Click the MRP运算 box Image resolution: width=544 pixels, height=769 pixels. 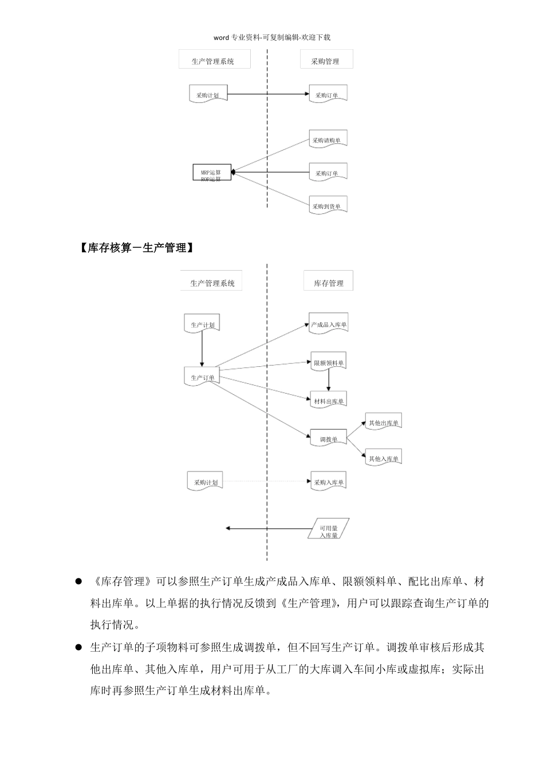tap(211, 172)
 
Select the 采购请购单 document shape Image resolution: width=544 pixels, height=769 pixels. tap(328, 140)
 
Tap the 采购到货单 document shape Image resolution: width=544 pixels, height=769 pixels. tap(328, 206)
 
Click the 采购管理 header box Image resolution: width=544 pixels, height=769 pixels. tap(326, 60)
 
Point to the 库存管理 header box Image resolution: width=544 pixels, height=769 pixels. tap(328, 281)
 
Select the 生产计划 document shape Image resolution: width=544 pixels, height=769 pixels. tap(202, 324)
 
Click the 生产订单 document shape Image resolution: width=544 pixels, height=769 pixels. tap(202, 376)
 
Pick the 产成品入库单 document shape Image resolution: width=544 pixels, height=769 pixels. tap(328, 324)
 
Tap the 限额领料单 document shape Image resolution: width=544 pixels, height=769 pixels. tap(329, 362)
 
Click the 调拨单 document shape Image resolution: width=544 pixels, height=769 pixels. tap(329, 439)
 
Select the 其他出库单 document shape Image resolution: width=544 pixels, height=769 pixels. tap(384, 423)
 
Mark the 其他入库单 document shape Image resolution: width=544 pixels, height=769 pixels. tap(384, 458)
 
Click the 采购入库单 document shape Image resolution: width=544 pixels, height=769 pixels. tap(329, 482)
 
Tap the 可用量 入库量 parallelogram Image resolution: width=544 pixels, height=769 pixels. tap(328, 529)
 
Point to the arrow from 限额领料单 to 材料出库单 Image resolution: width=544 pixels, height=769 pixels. tap(329, 382)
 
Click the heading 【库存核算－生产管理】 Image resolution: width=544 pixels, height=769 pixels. tap(135, 248)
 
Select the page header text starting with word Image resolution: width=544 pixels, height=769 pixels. tap(272, 38)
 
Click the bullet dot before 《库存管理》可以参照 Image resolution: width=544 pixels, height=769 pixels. tap(79, 581)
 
